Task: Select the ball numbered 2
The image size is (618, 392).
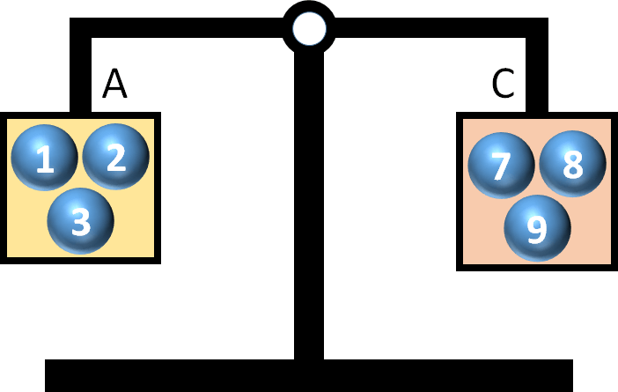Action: click(115, 157)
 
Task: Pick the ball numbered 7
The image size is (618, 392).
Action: click(501, 165)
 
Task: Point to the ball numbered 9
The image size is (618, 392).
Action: click(537, 228)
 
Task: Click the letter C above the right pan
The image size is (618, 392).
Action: click(503, 84)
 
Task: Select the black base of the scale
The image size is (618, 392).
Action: click(308, 374)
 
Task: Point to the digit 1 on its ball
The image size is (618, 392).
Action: click(44, 159)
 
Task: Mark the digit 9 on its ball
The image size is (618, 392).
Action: click(537, 230)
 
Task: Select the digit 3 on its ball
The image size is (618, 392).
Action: click(80, 222)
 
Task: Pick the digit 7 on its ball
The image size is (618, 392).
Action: click(501, 166)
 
